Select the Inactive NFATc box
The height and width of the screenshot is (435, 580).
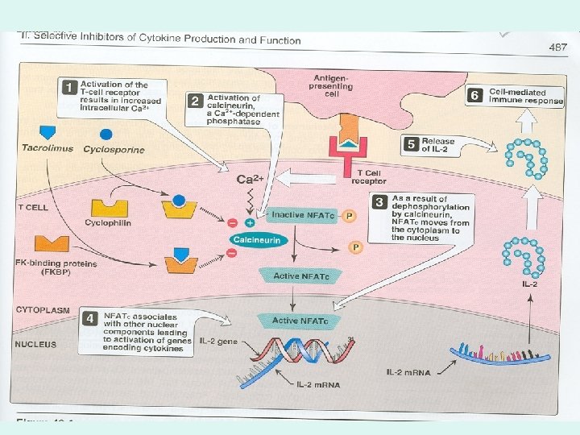point(299,215)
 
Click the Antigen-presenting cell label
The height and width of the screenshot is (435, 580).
point(330,83)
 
